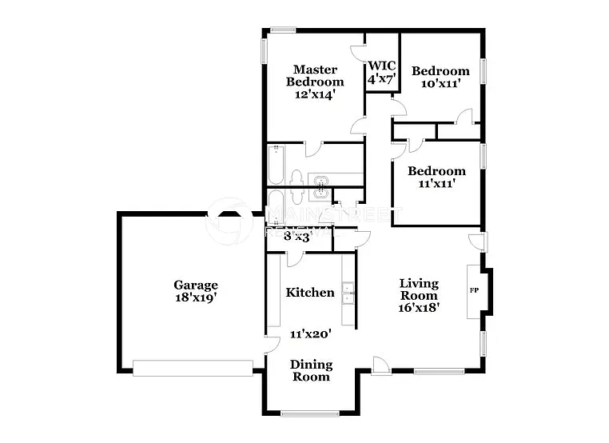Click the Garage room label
coord(196,285)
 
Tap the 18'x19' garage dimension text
coord(196,297)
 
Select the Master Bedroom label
coord(315,75)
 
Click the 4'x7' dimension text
coord(382,80)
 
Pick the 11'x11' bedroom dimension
coord(436,183)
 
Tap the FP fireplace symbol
coord(474,289)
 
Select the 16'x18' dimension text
coord(419,307)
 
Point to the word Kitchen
coord(310,293)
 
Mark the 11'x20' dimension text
coord(310,335)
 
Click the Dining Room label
coord(310,370)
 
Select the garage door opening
coord(192,368)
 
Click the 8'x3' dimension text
coord(297,237)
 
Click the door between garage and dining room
coord(270,344)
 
